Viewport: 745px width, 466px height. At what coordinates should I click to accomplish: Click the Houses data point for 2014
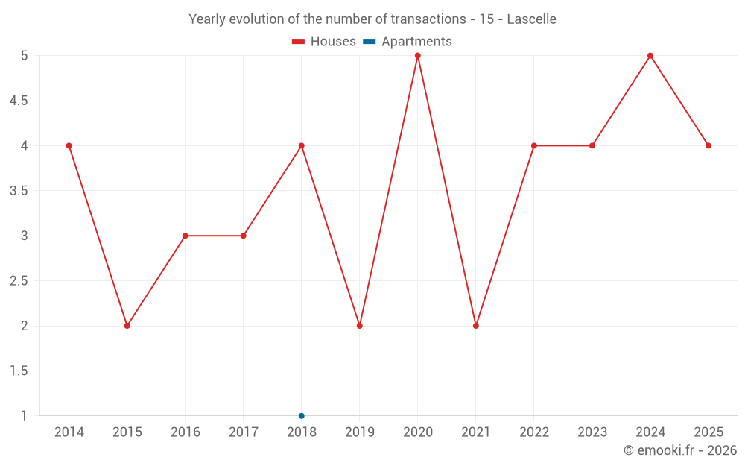pos(69,145)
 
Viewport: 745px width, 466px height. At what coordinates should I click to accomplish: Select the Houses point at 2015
pos(127,326)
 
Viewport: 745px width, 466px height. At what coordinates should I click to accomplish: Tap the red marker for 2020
pos(418,56)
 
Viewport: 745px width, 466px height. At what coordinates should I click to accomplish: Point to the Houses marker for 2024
pos(650,56)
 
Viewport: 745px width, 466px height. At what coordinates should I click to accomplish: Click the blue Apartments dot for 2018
pos(302,415)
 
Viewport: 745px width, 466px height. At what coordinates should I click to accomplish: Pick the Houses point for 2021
pos(476,326)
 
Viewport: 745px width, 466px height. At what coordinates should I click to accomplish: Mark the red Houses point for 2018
pos(302,145)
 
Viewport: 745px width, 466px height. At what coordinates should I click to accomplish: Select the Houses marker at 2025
pos(708,145)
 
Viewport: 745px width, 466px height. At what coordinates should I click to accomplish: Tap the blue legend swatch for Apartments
pos(369,42)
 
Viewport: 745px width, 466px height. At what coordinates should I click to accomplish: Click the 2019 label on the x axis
pos(360,432)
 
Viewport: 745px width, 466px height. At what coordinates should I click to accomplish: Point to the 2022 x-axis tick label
pos(534,432)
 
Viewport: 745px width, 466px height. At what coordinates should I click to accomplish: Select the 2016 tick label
pos(186,432)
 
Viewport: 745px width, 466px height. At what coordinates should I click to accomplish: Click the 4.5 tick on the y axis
pos(19,101)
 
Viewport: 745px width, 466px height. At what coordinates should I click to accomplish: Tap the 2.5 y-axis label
pos(19,281)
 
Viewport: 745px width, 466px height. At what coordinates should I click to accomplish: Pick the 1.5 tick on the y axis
pos(19,371)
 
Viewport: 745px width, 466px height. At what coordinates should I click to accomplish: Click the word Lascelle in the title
pos(531,19)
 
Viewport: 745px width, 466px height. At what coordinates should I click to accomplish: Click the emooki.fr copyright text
pos(680,450)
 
